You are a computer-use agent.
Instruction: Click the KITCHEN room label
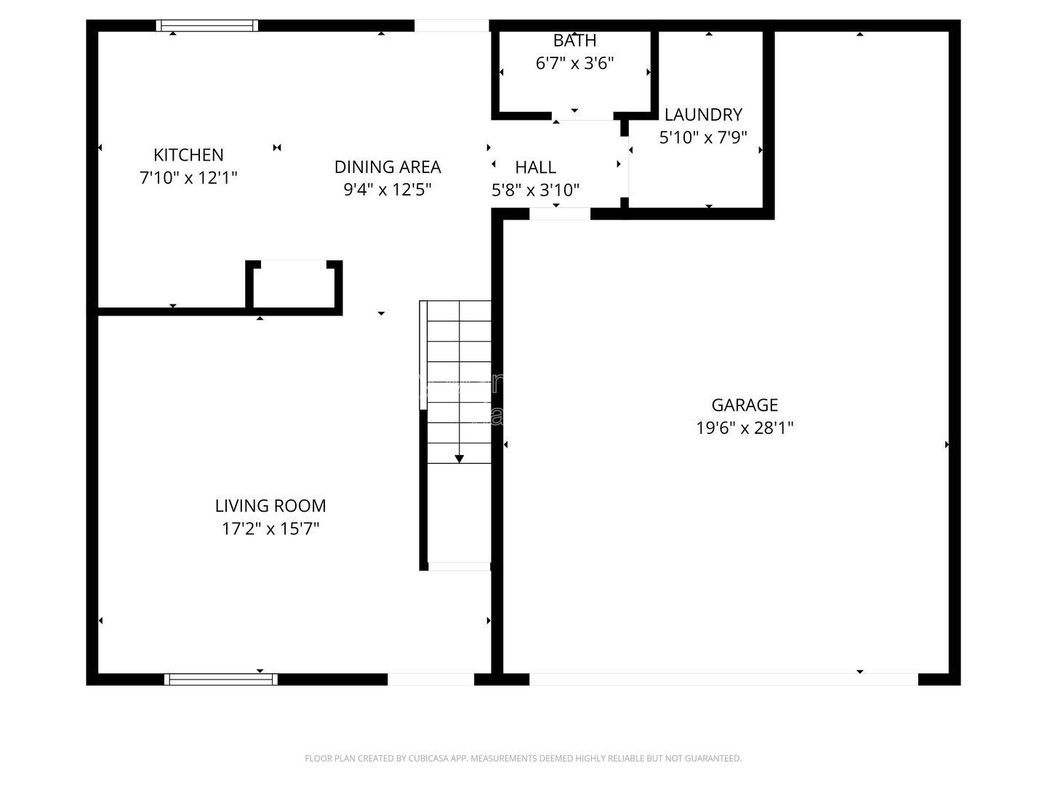coord(188,155)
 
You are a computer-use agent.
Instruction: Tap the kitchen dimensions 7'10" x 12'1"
coord(188,178)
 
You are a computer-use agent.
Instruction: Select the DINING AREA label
coord(388,167)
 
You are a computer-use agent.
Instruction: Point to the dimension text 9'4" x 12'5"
coord(388,190)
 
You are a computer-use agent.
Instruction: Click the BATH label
coord(575,41)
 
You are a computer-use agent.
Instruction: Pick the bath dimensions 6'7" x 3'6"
coord(575,63)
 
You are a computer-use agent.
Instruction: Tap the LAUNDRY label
coord(703,114)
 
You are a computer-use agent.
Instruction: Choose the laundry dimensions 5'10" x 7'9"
coord(703,137)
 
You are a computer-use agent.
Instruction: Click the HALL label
coord(536,167)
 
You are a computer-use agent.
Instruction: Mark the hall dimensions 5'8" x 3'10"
coord(536,190)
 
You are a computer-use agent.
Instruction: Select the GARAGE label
coord(745,405)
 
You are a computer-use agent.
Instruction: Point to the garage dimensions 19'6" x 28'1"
coord(745,428)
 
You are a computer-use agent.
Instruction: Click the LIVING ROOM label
coord(270,506)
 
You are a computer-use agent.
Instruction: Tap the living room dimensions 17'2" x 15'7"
coord(270,528)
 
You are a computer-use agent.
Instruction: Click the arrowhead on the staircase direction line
coord(460,459)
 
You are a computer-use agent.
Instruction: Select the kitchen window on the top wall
coord(207,25)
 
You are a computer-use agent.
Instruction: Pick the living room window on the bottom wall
coord(221,679)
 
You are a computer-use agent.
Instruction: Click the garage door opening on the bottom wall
coord(723,679)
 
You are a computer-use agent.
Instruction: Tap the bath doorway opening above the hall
coord(582,116)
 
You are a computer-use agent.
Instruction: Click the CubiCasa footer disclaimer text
coord(523,758)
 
